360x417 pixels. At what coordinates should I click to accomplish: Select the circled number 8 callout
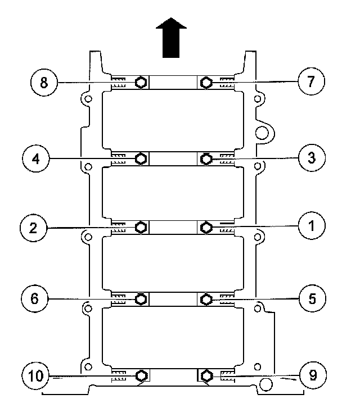pos(43,83)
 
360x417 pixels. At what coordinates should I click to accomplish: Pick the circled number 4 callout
pos(37,159)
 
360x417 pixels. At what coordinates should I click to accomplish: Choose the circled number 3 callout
pos(311,159)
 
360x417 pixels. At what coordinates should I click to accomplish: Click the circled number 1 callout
pos(311,227)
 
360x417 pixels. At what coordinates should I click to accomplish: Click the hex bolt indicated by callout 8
pos(141,83)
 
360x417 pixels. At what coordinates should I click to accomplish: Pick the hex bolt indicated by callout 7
pos(206,83)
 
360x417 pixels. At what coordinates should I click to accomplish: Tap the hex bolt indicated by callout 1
pos(206,227)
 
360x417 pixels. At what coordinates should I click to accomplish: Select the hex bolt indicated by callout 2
pos(141,227)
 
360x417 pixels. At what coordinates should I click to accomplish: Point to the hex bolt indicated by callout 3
pos(206,159)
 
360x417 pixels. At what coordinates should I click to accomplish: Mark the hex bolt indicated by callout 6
pos(141,298)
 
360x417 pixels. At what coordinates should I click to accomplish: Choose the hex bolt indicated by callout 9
pos(206,375)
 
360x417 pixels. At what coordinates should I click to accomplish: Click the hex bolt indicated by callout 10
pos(141,375)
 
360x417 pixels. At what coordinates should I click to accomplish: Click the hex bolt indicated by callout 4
pos(141,159)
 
